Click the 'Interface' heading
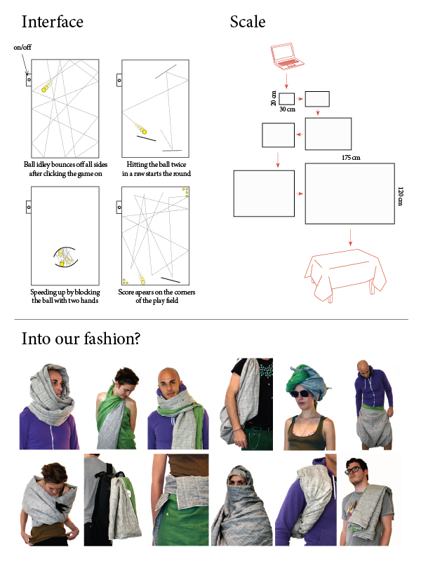(52, 22)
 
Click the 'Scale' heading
(248, 22)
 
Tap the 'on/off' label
(22, 47)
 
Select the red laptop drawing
(287, 56)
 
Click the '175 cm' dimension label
(351, 157)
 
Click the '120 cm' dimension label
(400, 196)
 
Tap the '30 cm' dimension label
(287, 109)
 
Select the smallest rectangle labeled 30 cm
(286, 99)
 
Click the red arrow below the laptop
(286, 81)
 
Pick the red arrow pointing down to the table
(350, 238)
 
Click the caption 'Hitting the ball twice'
(156, 165)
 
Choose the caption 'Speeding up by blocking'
(65, 292)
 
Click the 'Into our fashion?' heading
(81, 339)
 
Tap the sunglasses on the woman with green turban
(300, 393)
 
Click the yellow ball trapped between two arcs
(62, 264)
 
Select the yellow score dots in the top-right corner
(185, 192)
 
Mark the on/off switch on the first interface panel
(29, 79)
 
